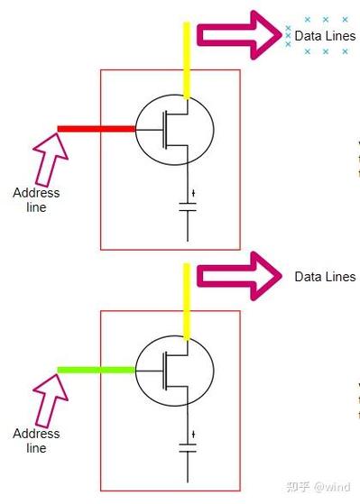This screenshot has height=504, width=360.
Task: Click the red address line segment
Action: point(97,129)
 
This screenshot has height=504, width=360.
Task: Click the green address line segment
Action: point(97,370)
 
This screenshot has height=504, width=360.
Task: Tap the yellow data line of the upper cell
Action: point(187,60)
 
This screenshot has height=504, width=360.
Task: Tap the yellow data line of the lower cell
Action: point(187,301)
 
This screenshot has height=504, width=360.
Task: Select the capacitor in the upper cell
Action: point(188,207)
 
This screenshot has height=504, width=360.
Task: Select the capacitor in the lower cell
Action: point(188,448)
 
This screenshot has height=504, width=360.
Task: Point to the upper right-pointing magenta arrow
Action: point(239,35)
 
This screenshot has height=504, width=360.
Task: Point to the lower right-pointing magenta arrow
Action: point(239,276)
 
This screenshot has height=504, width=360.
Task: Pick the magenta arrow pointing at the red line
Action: point(50,160)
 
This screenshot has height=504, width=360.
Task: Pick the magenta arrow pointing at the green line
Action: point(50,401)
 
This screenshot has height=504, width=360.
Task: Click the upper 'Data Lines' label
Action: point(325,36)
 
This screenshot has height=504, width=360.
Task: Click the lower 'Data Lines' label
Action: point(325,277)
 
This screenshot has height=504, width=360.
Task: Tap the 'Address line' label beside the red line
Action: point(36,199)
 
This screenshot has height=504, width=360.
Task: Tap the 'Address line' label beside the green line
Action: point(36,440)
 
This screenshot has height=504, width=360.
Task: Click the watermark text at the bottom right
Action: point(318,486)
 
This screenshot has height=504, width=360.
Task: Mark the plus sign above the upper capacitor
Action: point(193,193)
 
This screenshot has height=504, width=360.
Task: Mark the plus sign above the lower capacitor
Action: point(193,435)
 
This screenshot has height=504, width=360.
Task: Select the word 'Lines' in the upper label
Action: point(339,36)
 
